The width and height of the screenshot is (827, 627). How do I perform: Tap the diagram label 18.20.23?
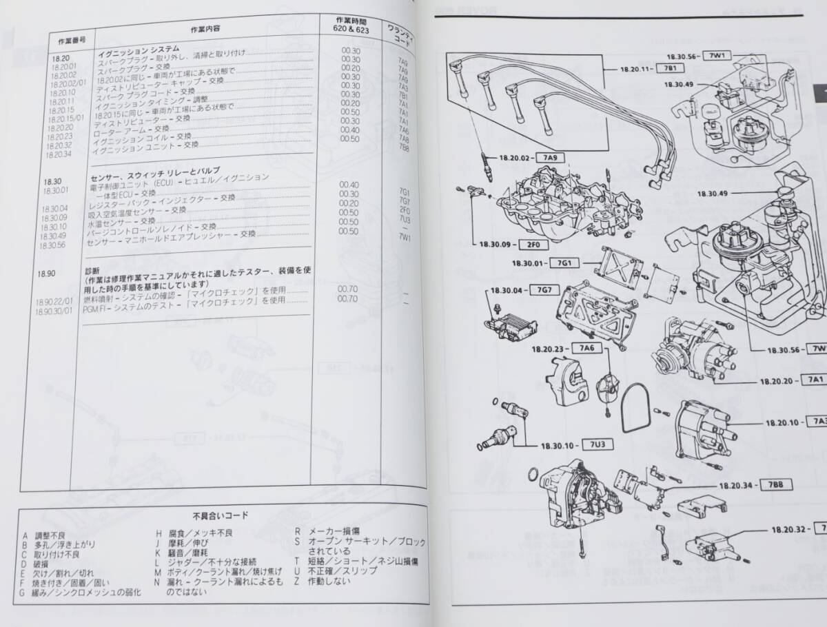coord(548,348)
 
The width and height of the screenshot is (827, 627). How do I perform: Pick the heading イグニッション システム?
coord(135,49)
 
